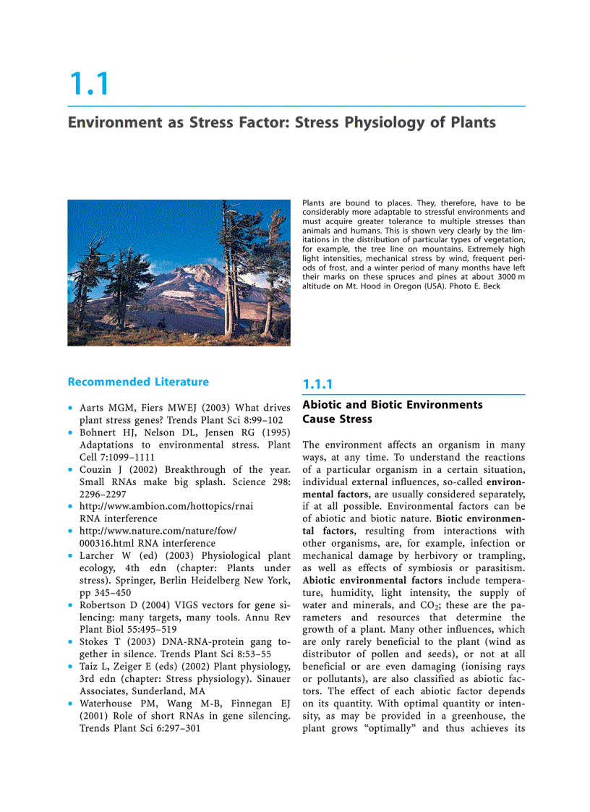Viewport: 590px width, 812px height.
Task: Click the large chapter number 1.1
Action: [89, 84]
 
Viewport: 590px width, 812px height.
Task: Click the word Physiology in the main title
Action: [383, 122]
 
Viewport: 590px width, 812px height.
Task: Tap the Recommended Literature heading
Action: [138, 382]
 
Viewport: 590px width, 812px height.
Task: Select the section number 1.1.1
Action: [317, 385]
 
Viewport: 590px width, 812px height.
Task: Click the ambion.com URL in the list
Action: [166, 506]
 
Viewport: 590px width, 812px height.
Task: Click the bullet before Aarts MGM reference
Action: [70, 409]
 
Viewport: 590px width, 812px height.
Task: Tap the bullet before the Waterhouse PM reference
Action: [70, 703]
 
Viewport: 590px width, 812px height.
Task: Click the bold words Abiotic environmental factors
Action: [373, 581]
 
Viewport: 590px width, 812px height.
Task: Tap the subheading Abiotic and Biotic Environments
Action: [392, 405]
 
